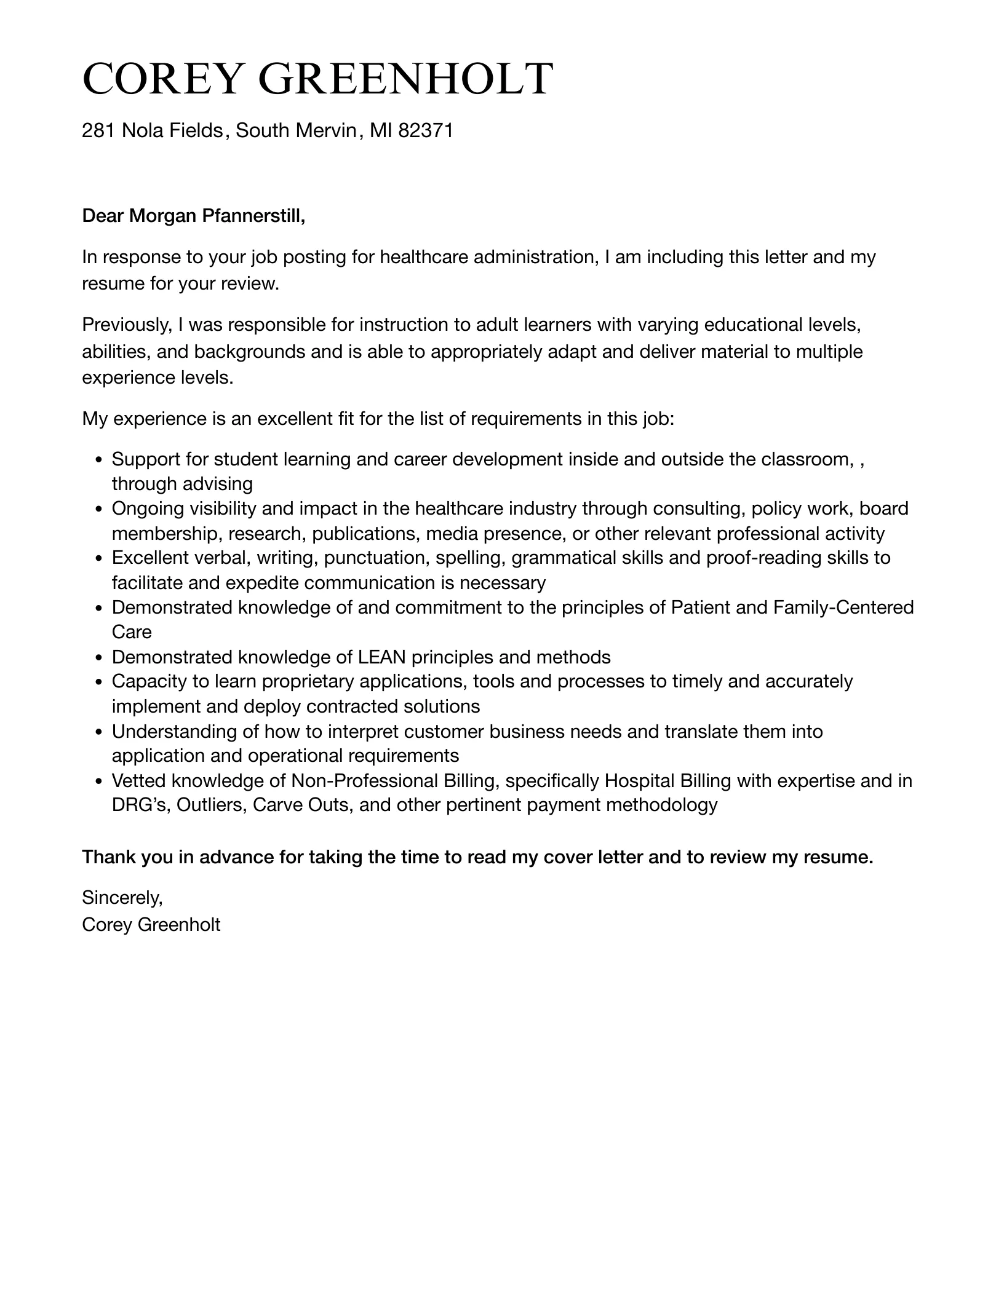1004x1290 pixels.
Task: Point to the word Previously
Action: pyautogui.click(x=127, y=325)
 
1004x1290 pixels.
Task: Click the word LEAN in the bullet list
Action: pyautogui.click(x=381, y=657)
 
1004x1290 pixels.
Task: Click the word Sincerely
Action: pyautogui.click(x=122, y=898)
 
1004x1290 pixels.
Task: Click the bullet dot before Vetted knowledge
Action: pyautogui.click(x=98, y=782)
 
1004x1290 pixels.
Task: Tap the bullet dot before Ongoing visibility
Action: pyautogui.click(x=98, y=509)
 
